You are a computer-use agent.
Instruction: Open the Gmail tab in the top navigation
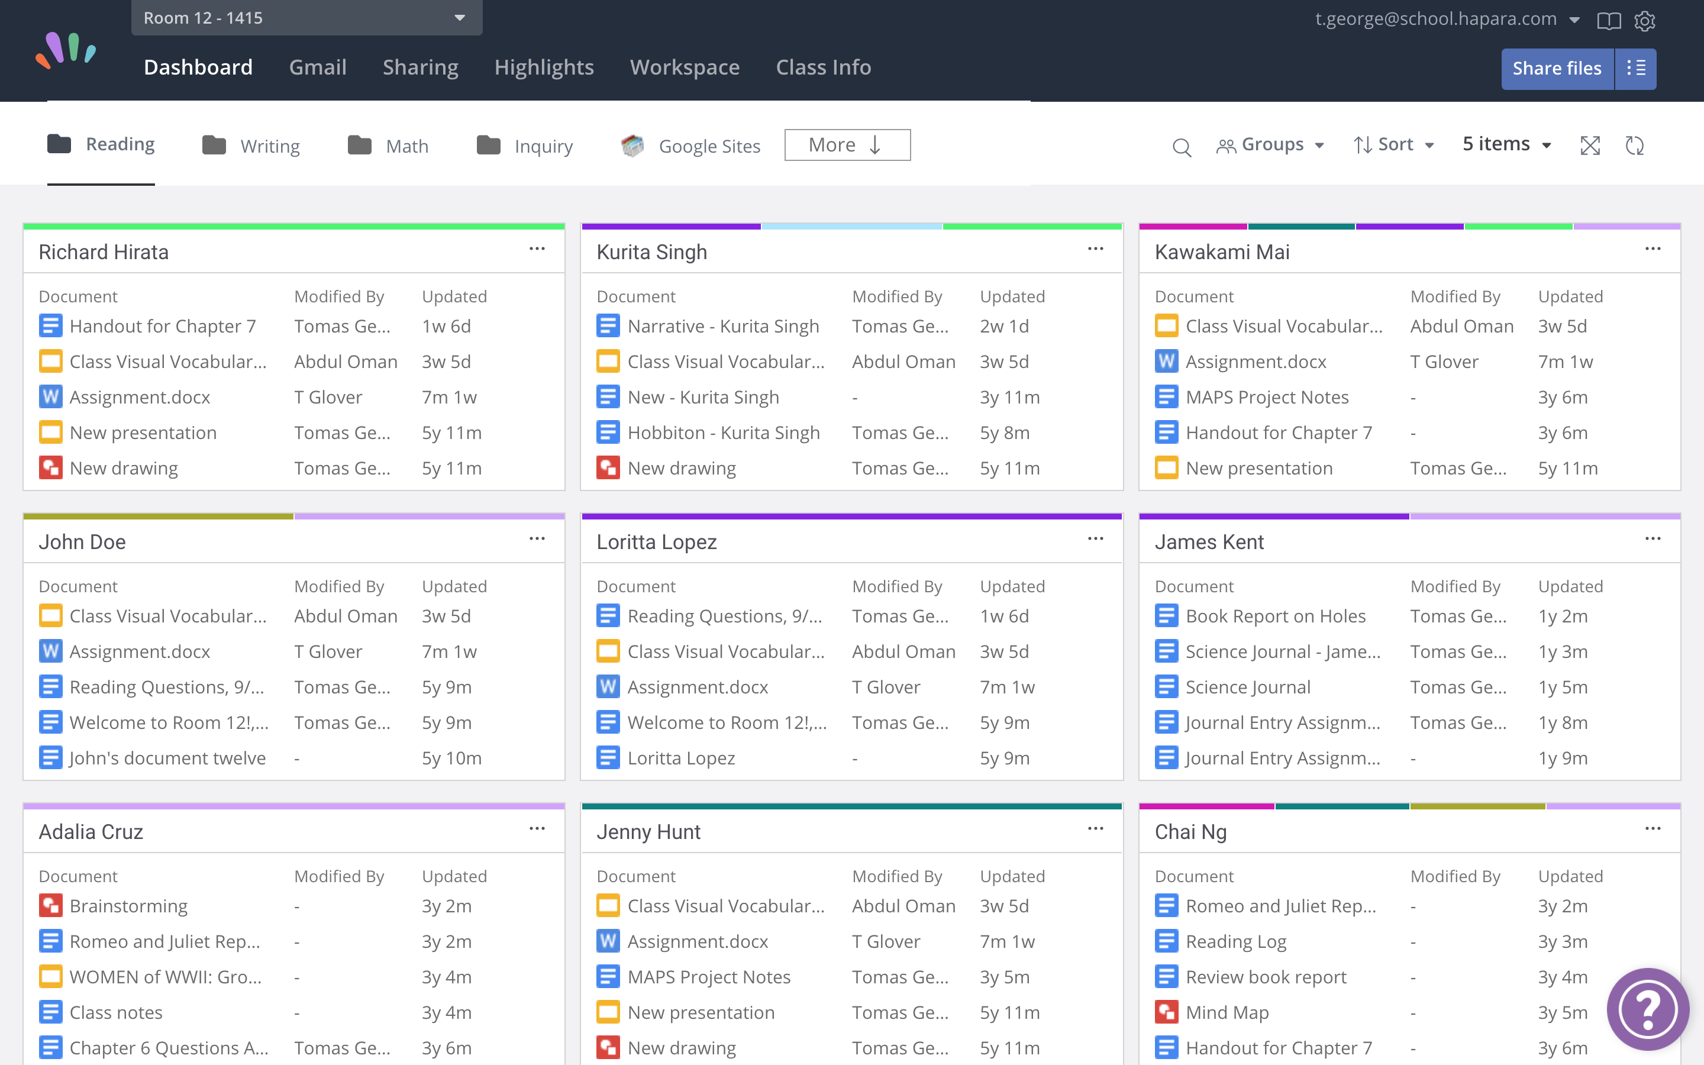tap(318, 67)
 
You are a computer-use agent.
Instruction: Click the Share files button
tap(1556, 68)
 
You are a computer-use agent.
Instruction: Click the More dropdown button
tap(846, 145)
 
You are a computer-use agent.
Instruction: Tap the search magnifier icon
tap(1181, 147)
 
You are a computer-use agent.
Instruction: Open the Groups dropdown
tap(1270, 145)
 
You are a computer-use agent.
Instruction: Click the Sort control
tap(1393, 145)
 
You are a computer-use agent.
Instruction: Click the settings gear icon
tap(1644, 21)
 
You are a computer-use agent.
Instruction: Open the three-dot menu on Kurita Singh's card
tap(1095, 249)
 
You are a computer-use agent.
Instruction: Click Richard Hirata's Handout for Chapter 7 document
tap(163, 327)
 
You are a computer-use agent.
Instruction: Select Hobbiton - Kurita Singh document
tap(723, 433)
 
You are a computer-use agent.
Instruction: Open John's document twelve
tap(167, 759)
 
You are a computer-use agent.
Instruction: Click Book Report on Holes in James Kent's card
tap(1275, 617)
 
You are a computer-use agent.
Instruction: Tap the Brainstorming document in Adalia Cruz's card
tap(128, 906)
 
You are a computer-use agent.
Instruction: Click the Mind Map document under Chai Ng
tap(1227, 1013)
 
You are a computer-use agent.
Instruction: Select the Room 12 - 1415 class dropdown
tap(306, 18)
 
